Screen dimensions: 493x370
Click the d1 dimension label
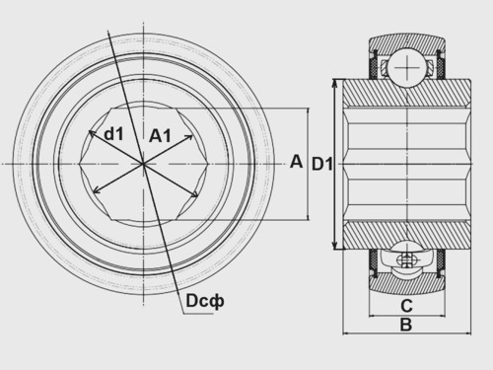pyautogui.click(x=113, y=134)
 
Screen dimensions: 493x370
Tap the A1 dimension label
pyautogui.click(x=160, y=135)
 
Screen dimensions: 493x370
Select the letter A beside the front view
pyautogui.click(x=296, y=162)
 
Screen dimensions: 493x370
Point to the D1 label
pyautogui.click(x=322, y=164)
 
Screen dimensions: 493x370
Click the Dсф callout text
pyautogui.click(x=205, y=301)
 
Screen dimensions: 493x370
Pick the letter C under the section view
pyautogui.click(x=406, y=306)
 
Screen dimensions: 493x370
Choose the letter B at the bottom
pyautogui.click(x=406, y=325)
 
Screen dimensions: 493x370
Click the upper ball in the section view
pyautogui.click(x=407, y=68)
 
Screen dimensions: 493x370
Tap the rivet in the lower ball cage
pyautogui.click(x=407, y=259)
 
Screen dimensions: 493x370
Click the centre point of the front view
pyautogui.click(x=143, y=164)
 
